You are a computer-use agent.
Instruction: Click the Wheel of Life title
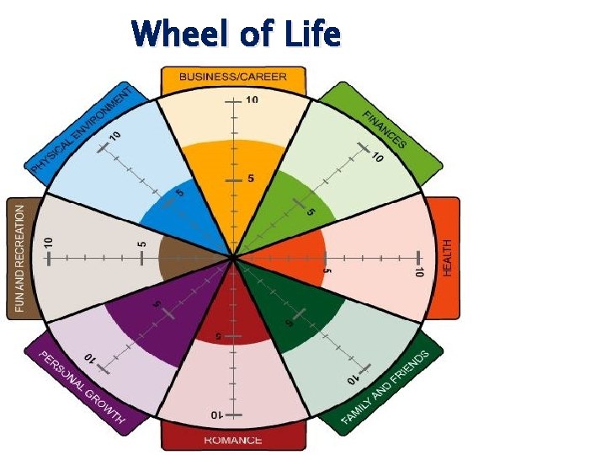[x=236, y=35]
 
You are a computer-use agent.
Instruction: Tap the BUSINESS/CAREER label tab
[x=232, y=77]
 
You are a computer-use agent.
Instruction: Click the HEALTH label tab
[x=447, y=257]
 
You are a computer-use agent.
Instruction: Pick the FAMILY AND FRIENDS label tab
[x=386, y=387]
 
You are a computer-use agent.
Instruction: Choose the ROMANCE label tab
[x=233, y=439]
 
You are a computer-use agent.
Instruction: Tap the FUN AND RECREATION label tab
[x=20, y=257]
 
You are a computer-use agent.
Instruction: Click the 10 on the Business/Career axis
[x=252, y=101]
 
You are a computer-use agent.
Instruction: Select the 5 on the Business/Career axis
[x=251, y=178]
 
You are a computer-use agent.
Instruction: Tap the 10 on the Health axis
[x=417, y=270]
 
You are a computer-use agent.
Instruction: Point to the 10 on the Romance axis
[x=216, y=415]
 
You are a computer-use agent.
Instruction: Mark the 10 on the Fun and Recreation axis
[x=49, y=242]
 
